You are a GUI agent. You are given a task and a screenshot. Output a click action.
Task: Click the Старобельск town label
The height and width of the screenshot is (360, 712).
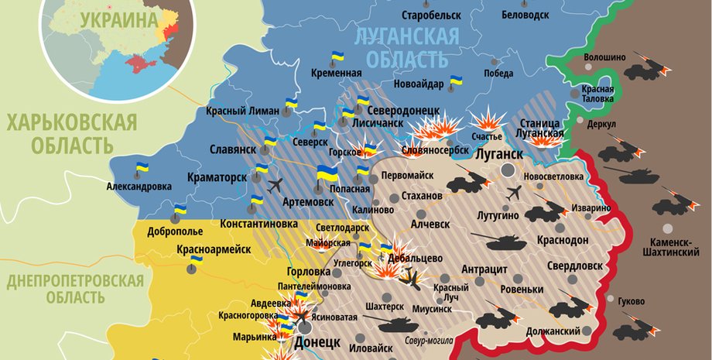coord(428,15)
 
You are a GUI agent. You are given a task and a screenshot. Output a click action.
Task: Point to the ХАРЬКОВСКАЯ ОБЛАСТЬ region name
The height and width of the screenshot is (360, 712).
coord(70,133)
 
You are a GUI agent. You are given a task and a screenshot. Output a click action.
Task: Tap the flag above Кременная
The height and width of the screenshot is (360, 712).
coord(337,57)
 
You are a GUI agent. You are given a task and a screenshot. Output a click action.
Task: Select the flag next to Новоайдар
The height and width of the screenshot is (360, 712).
coord(456,81)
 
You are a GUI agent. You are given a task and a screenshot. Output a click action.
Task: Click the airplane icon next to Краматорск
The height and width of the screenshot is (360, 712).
coord(276,184)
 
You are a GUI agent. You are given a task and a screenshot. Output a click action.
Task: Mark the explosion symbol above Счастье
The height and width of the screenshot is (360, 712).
coord(487,121)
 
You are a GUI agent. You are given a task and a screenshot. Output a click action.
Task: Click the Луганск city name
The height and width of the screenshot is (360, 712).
coord(500,154)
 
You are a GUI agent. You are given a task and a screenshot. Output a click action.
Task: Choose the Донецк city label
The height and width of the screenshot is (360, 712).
coord(317,342)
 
